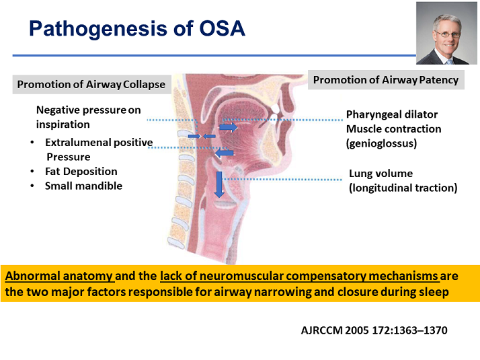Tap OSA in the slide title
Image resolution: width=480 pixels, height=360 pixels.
pyautogui.click(x=222, y=28)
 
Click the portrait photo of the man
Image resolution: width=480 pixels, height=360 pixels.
pyautogui.click(x=446, y=33)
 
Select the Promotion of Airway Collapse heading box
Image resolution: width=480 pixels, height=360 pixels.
pyautogui.click(x=91, y=84)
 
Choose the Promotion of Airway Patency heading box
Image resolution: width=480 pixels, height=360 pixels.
pyautogui.click(x=386, y=79)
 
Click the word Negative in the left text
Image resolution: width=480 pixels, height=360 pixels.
pyautogui.click(x=58, y=110)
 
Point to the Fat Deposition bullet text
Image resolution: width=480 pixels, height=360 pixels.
pyautogui.click(x=81, y=172)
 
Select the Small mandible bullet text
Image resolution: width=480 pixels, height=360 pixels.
pyautogui.click(x=83, y=186)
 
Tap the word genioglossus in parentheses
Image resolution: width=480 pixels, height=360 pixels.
pyautogui.click(x=381, y=143)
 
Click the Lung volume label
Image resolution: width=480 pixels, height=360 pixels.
pyautogui.click(x=381, y=174)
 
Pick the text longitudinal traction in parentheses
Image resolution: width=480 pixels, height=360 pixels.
pyautogui.click(x=403, y=188)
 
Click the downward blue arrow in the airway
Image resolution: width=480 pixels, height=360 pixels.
pyautogui.click(x=219, y=184)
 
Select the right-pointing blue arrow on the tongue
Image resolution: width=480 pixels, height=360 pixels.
pyautogui.click(x=229, y=127)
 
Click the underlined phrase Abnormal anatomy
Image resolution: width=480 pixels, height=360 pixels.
pyautogui.click(x=59, y=276)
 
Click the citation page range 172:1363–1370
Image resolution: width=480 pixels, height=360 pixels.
pyautogui.click(x=409, y=330)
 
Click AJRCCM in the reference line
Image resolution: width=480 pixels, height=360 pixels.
pyautogui.click(x=322, y=330)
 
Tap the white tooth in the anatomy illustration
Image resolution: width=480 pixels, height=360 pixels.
pyautogui.click(x=274, y=108)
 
